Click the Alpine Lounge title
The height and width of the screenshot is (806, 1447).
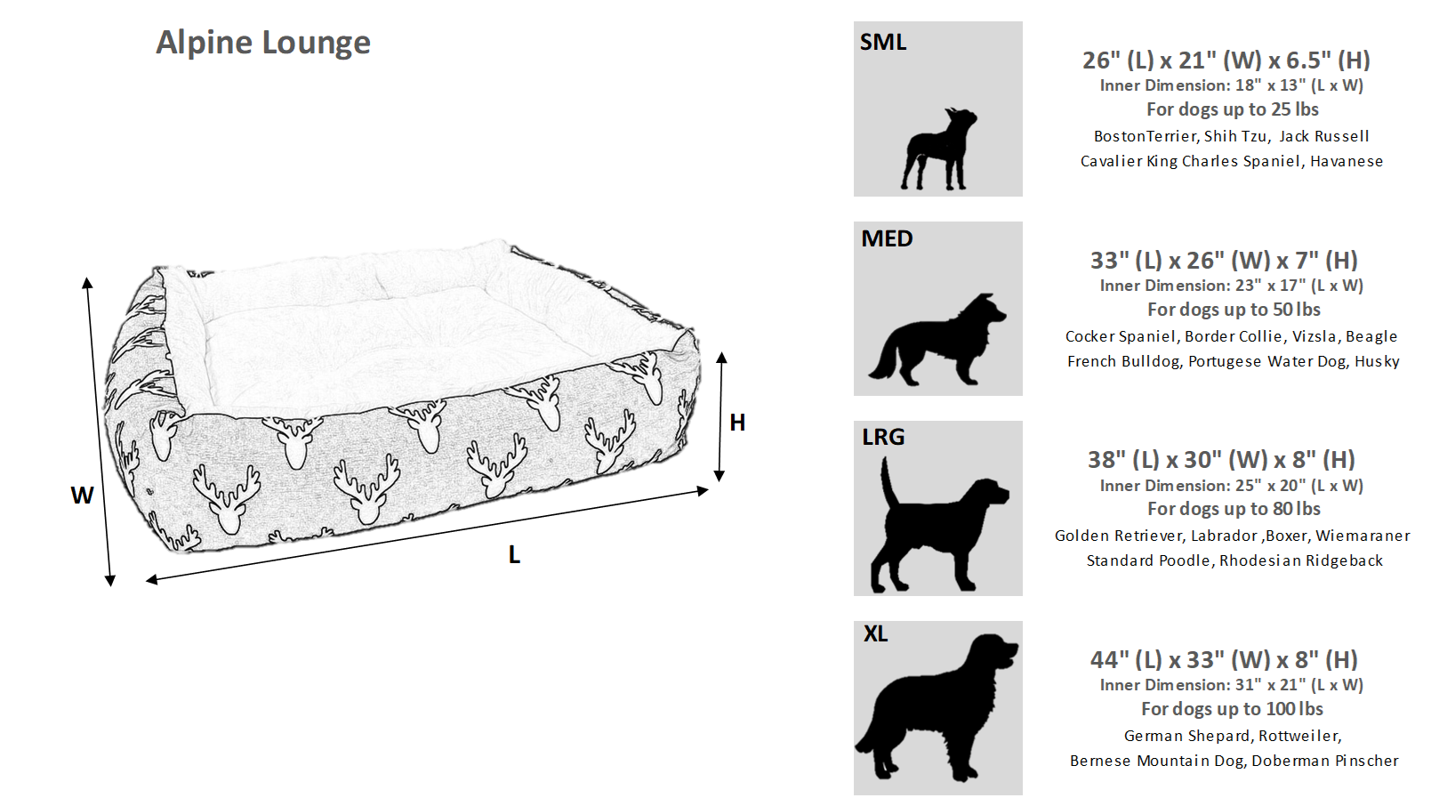click(x=263, y=43)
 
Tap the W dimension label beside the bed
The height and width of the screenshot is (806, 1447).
click(x=82, y=496)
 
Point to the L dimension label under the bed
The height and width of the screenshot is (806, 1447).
click(x=514, y=555)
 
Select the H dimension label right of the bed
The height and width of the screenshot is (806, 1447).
click(x=737, y=423)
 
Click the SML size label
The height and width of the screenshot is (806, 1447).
click(x=883, y=43)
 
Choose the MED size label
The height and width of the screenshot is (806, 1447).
click(x=887, y=239)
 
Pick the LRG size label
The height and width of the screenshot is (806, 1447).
click(x=883, y=438)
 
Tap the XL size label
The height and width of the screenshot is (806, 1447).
click(x=875, y=634)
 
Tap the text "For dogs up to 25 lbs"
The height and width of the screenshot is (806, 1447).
click(x=1232, y=109)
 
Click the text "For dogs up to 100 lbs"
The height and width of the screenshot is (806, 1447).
click(x=1232, y=709)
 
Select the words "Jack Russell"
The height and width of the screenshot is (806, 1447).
click(x=1323, y=136)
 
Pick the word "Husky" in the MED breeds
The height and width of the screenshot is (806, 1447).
click(x=1377, y=361)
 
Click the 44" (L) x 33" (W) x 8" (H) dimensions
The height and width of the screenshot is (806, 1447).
click(x=1224, y=660)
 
